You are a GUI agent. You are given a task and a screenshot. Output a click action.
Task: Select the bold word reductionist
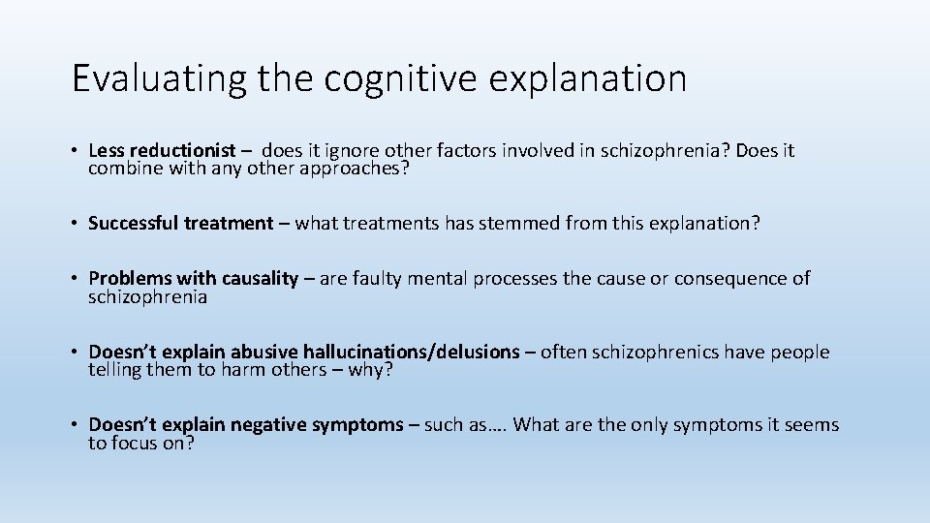pyautogui.click(x=183, y=150)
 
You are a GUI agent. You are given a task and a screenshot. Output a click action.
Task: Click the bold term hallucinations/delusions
pyautogui.click(x=412, y=352)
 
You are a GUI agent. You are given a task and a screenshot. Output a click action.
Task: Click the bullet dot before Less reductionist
pyautogui.click(x=75, y=151)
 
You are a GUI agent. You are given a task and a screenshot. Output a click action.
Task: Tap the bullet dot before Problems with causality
pyautogui.click(x=75, y=280)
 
